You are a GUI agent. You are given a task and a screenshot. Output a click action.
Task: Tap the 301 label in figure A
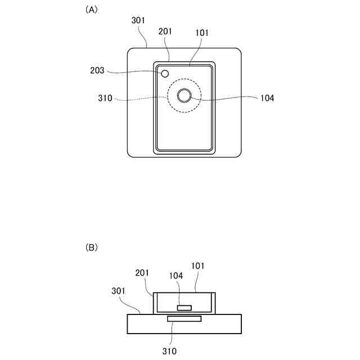(x=138, y=20)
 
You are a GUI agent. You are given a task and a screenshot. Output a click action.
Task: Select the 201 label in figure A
(x=165, y=33)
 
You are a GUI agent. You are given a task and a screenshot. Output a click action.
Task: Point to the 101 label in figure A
(x=201, y=33)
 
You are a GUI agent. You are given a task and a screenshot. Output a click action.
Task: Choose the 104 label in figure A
(x=267, y=98)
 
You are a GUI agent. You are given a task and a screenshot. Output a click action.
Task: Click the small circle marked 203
(x=165, y=74)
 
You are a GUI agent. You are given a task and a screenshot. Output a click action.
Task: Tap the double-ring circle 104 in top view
(x=184, y=96)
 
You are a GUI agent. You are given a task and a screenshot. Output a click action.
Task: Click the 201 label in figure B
(x=143, y=273)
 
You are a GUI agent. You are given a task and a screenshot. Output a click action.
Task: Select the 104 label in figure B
(x=177, y=276)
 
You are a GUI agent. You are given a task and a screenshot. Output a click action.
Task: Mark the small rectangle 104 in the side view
(x=184, y=308)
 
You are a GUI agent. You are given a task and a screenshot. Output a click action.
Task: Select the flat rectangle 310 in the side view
(x=184, y=319)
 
